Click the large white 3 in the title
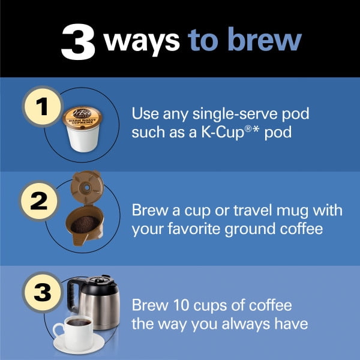(x=78, y=42)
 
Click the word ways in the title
(x=142, y=41)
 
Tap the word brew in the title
(x=265, y=38)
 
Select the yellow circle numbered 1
(x=43, y=107)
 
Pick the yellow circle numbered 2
(x=39, y=201)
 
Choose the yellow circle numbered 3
(x=43, y=292)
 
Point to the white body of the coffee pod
(x=83, y=139)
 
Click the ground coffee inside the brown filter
(x=85, y=224)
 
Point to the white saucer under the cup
(x=79, y=344)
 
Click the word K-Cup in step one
(x=223, y=133)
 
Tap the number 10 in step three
(x=181, y=305)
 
